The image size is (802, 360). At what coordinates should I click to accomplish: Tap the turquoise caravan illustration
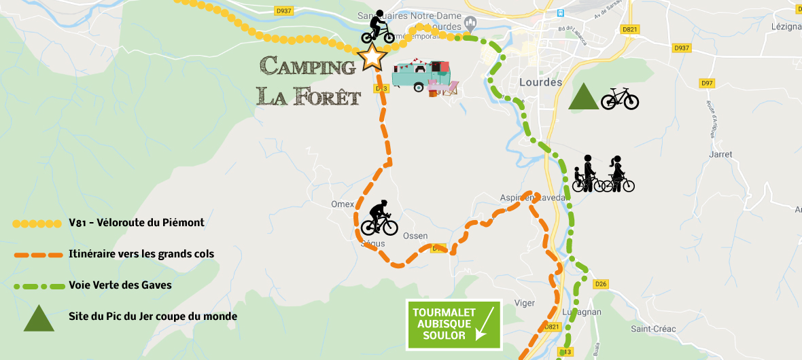coord(421,75)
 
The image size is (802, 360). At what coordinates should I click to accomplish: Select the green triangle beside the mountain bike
coord(583,97)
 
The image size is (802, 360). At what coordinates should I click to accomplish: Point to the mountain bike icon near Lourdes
coord(620,98)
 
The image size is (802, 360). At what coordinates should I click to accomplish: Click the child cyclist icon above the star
coord(377,28)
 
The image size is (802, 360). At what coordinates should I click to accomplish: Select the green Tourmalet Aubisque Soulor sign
coord(453,325)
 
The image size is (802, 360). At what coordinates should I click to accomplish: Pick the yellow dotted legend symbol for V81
coord(37,223)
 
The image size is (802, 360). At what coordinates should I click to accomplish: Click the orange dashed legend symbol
coord(37,255)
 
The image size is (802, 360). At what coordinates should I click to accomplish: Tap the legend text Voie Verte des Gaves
coord(120,285)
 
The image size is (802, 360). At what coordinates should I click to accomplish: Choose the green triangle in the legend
coord(39,317)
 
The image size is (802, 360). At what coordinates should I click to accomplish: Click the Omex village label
coord(343,204)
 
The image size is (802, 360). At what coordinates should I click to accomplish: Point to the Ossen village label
coord(415,236)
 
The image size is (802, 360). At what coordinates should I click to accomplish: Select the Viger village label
coord(525,303)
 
